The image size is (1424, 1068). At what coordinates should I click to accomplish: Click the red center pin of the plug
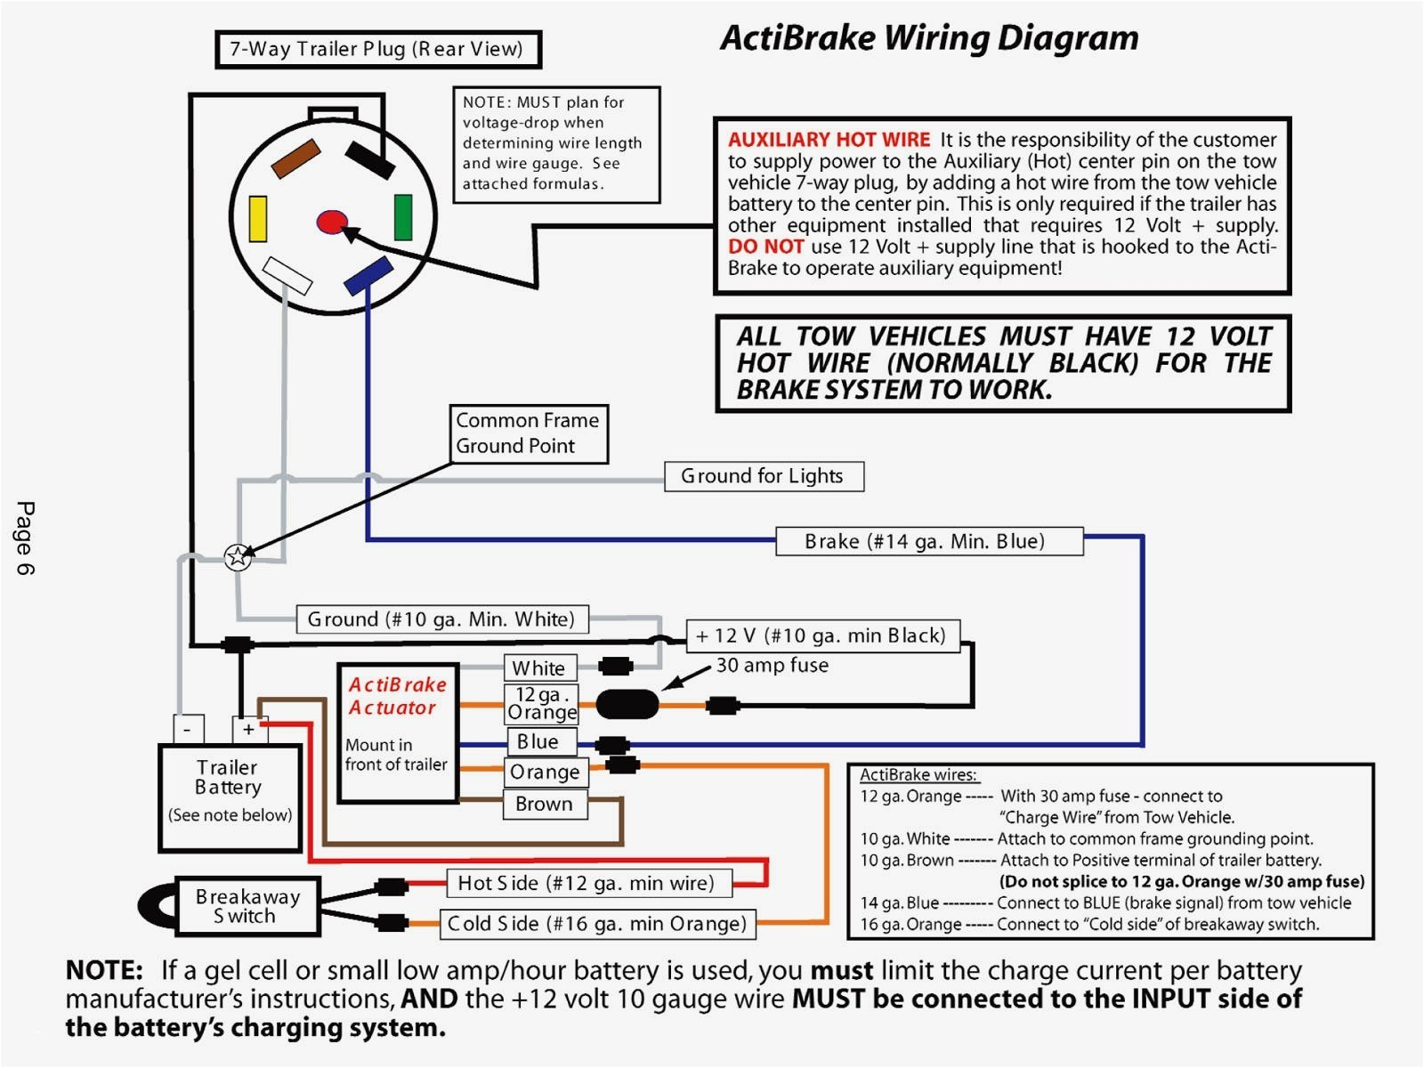[x=332, y=222]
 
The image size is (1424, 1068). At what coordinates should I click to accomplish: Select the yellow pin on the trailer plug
[x=258, y=219]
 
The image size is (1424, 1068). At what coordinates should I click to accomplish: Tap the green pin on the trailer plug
[x=403, y=217]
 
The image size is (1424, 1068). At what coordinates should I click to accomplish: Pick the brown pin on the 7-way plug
[x=295, y=158]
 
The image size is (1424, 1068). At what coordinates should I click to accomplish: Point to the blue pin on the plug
[x=368, y=275]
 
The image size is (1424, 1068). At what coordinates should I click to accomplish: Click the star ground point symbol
[x=238, y=557]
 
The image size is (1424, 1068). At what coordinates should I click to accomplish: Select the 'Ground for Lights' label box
[x=764, y=476]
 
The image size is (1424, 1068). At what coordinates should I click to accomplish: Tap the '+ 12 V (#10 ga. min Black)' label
[x=822, y=635]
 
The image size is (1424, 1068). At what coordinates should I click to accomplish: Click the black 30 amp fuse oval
[x=627, y=705]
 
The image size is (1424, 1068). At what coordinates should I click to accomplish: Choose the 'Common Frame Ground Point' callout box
[x=529, y=433]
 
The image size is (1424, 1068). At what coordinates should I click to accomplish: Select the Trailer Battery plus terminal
[x=248, y=729]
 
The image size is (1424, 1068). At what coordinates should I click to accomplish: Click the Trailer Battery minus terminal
[x=188, y=729]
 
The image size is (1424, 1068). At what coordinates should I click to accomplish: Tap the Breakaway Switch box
[x=247, y=907]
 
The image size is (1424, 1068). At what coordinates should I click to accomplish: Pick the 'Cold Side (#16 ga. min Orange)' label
[x=597, y=924]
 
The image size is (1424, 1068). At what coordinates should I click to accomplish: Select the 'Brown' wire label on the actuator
[x=545, y=804]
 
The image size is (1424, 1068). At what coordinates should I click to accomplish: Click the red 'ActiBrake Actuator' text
[x=396, y=696]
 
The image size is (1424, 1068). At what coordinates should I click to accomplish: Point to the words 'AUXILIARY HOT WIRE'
[x=829, y=140]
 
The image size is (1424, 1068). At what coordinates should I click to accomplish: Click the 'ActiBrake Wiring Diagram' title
[x=929, y=38]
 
